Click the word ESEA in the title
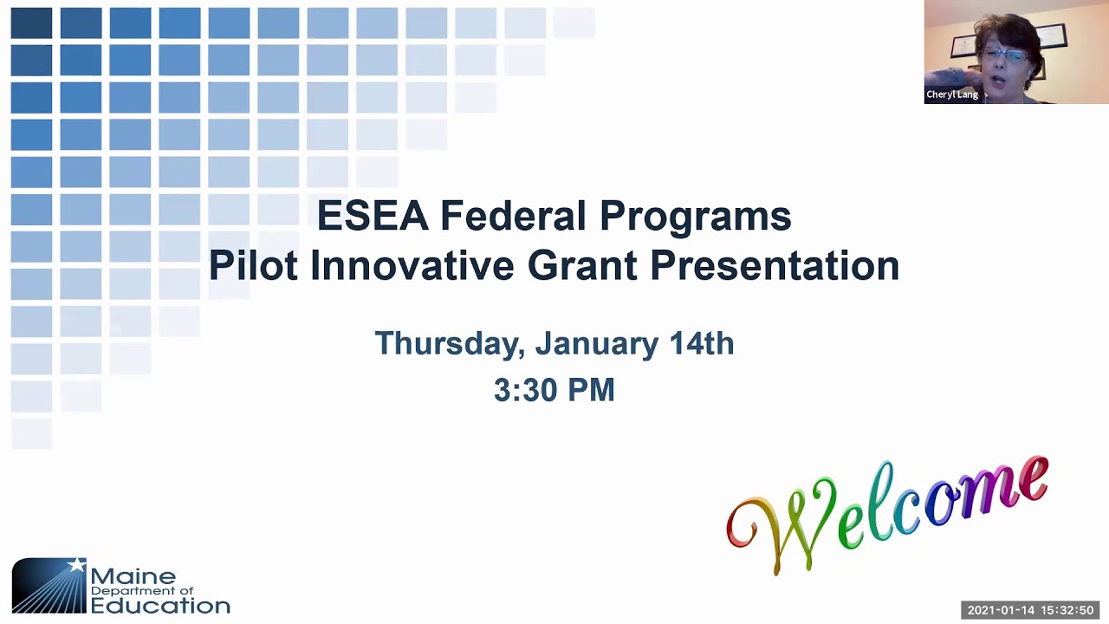pos(372,216)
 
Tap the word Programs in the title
pos(695,217)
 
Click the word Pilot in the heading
pos(253,265)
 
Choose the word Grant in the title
pos(582,265)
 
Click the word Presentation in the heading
pos(775,265)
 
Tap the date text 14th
pos(701,344)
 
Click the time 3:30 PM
pos(554,390)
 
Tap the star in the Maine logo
pos(77,565)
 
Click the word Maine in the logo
pos(133,576)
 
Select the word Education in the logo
pos(160,605)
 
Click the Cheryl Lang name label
pos(951,94)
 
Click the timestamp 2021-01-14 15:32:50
pos(1030,610)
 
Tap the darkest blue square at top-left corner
pos(31,23)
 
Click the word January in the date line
pos(596,344)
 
